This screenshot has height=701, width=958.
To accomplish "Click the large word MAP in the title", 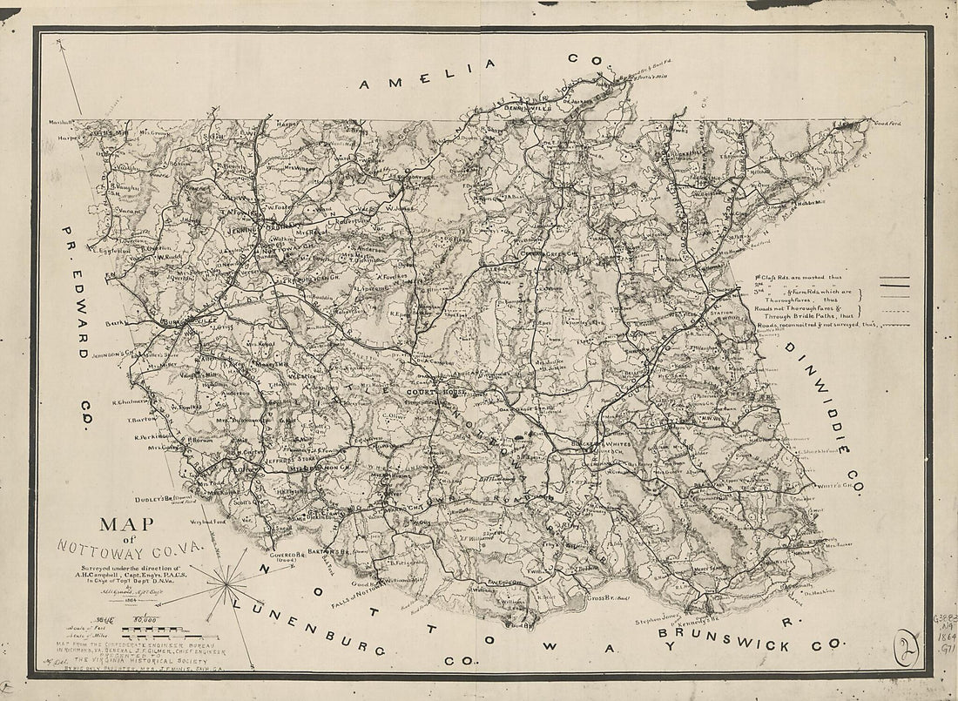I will tap(126, 525).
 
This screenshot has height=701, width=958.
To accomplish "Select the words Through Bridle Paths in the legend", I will tap(793, 315).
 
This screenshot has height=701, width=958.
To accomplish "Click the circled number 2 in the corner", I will tap(908, 650).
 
